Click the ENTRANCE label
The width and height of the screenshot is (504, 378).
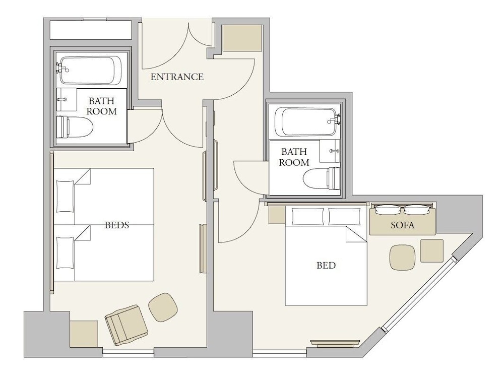[177, 77]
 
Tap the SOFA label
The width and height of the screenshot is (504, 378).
[402, 225]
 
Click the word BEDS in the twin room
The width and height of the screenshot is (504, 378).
[117, 225]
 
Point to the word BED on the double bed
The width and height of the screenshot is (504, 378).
[326, 265]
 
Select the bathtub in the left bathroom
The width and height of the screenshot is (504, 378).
[91, 71]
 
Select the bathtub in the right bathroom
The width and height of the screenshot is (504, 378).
[307, 121]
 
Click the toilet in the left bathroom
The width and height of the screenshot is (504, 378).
[75, 127]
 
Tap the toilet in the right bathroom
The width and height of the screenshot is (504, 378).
[322, 178]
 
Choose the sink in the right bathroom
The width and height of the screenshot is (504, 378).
[330, 151]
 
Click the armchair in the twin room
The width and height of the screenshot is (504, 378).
[127, 325]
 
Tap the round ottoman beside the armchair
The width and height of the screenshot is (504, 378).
[163, 307]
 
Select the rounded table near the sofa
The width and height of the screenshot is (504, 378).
[402, 257]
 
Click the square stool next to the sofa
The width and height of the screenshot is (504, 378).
[432, 250]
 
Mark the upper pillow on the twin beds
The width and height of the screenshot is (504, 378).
[65, 197]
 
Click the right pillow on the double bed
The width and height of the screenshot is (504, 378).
[345, 217]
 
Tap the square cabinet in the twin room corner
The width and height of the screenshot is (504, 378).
[84, 334]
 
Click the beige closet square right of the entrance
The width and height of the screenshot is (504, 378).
[242, 38]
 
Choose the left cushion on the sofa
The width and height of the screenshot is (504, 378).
[389, 210]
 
